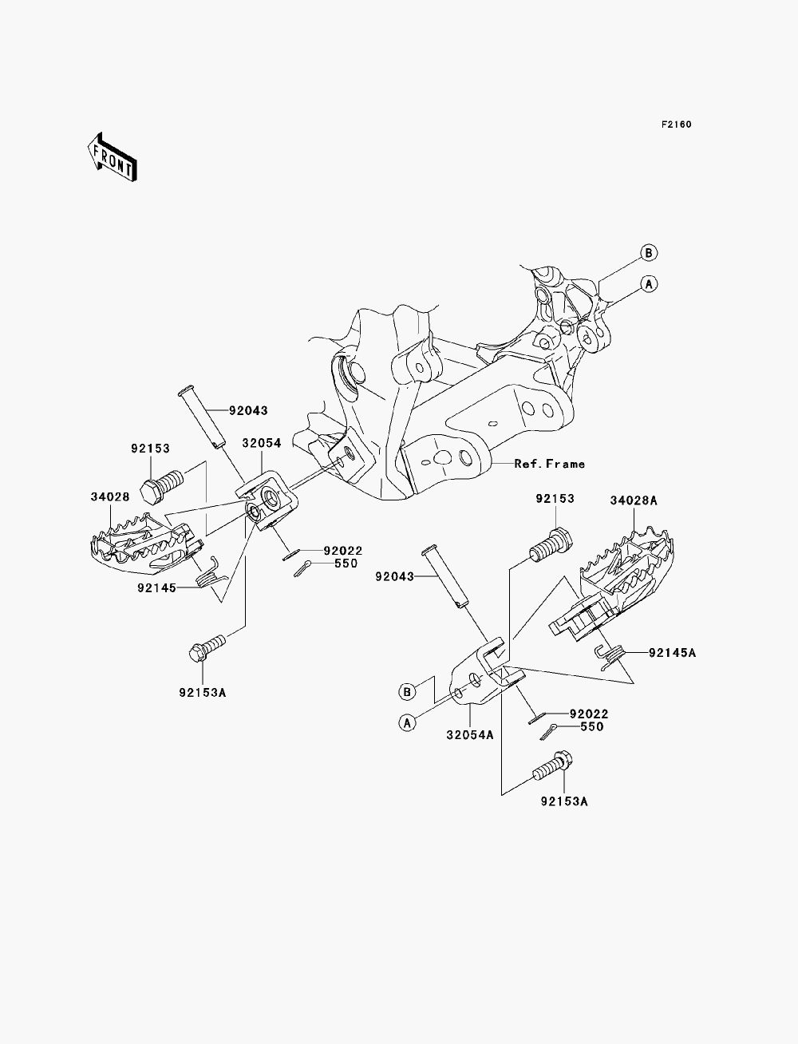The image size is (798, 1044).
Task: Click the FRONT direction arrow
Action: [113, 157]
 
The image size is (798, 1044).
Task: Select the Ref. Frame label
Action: [550, 464]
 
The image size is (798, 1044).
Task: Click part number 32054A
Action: [470, 735]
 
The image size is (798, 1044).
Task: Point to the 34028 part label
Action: [110, 497]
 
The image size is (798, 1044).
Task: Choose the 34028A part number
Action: [634, 500]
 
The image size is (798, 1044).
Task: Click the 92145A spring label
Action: [673, 653]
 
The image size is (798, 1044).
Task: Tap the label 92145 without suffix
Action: [157, 588]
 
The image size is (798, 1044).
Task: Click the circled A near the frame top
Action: [649, 284]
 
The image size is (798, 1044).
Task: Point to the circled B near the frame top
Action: [649, 252]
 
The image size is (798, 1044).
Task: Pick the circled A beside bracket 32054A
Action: [407, 723]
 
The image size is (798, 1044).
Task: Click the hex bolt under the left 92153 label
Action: [162, 485]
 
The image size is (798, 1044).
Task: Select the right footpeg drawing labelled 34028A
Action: [614, 587]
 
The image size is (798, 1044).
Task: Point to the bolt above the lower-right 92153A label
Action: [551, 765]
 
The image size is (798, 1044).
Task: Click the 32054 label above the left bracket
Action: [262, 443]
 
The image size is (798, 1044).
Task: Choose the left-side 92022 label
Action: [343, 551]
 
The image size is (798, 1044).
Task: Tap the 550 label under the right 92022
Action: [591, 726]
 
